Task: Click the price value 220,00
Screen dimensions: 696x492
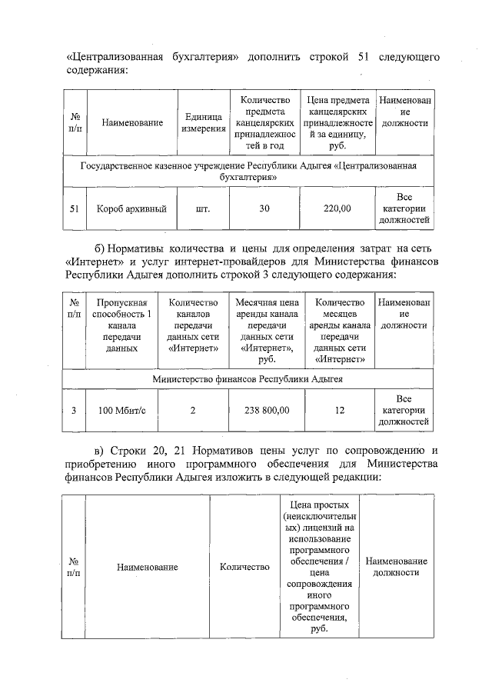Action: (x=335, y=208)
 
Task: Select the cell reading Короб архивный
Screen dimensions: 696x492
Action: (x=131, y=208)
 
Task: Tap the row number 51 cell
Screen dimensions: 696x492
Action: (x=75, y=208)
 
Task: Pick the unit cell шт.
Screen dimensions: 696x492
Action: (x=203, y=208)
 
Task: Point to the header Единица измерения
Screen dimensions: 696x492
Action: (x=203, y=122)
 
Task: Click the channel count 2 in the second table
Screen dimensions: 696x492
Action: (x=193, y=411)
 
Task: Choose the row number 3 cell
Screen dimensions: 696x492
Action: (x=74, y=411)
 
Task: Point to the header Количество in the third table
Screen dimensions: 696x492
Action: (x=244, y=568)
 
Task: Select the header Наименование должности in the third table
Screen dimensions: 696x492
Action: (x=396, y=568)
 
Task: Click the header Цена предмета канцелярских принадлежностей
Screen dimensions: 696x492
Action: (x=335, y=122)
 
